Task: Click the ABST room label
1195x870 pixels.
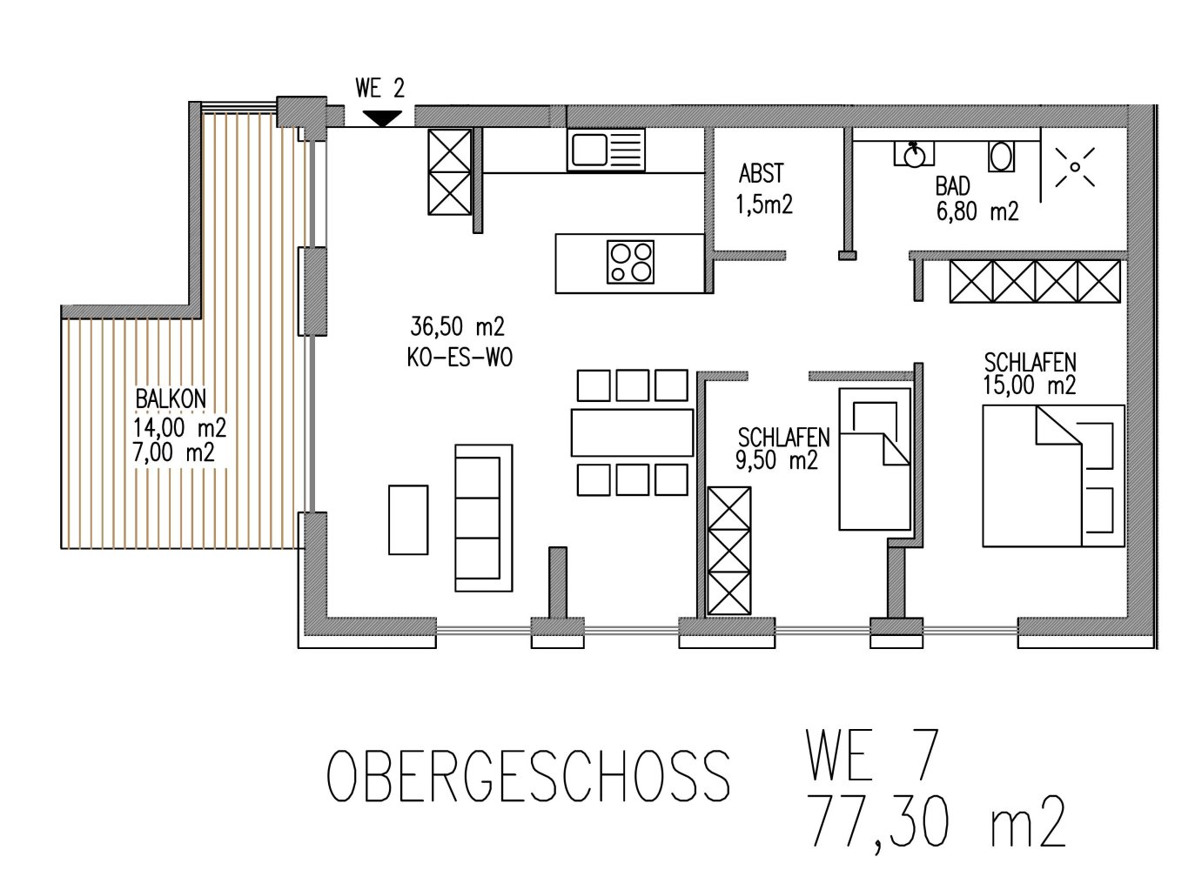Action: click(761, 172)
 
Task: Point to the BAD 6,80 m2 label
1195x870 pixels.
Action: click(976, 198)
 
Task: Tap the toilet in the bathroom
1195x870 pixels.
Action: click(1001, 157)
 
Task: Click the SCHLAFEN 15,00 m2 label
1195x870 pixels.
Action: click(1030, 373)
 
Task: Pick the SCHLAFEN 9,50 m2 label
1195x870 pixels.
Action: click(782, 448)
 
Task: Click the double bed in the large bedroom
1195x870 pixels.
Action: click(1053, 475)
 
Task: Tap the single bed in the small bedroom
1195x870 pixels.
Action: click(874, 458)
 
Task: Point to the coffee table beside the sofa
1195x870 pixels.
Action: click(407, 519)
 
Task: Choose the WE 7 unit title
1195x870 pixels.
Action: click(872, 757)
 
